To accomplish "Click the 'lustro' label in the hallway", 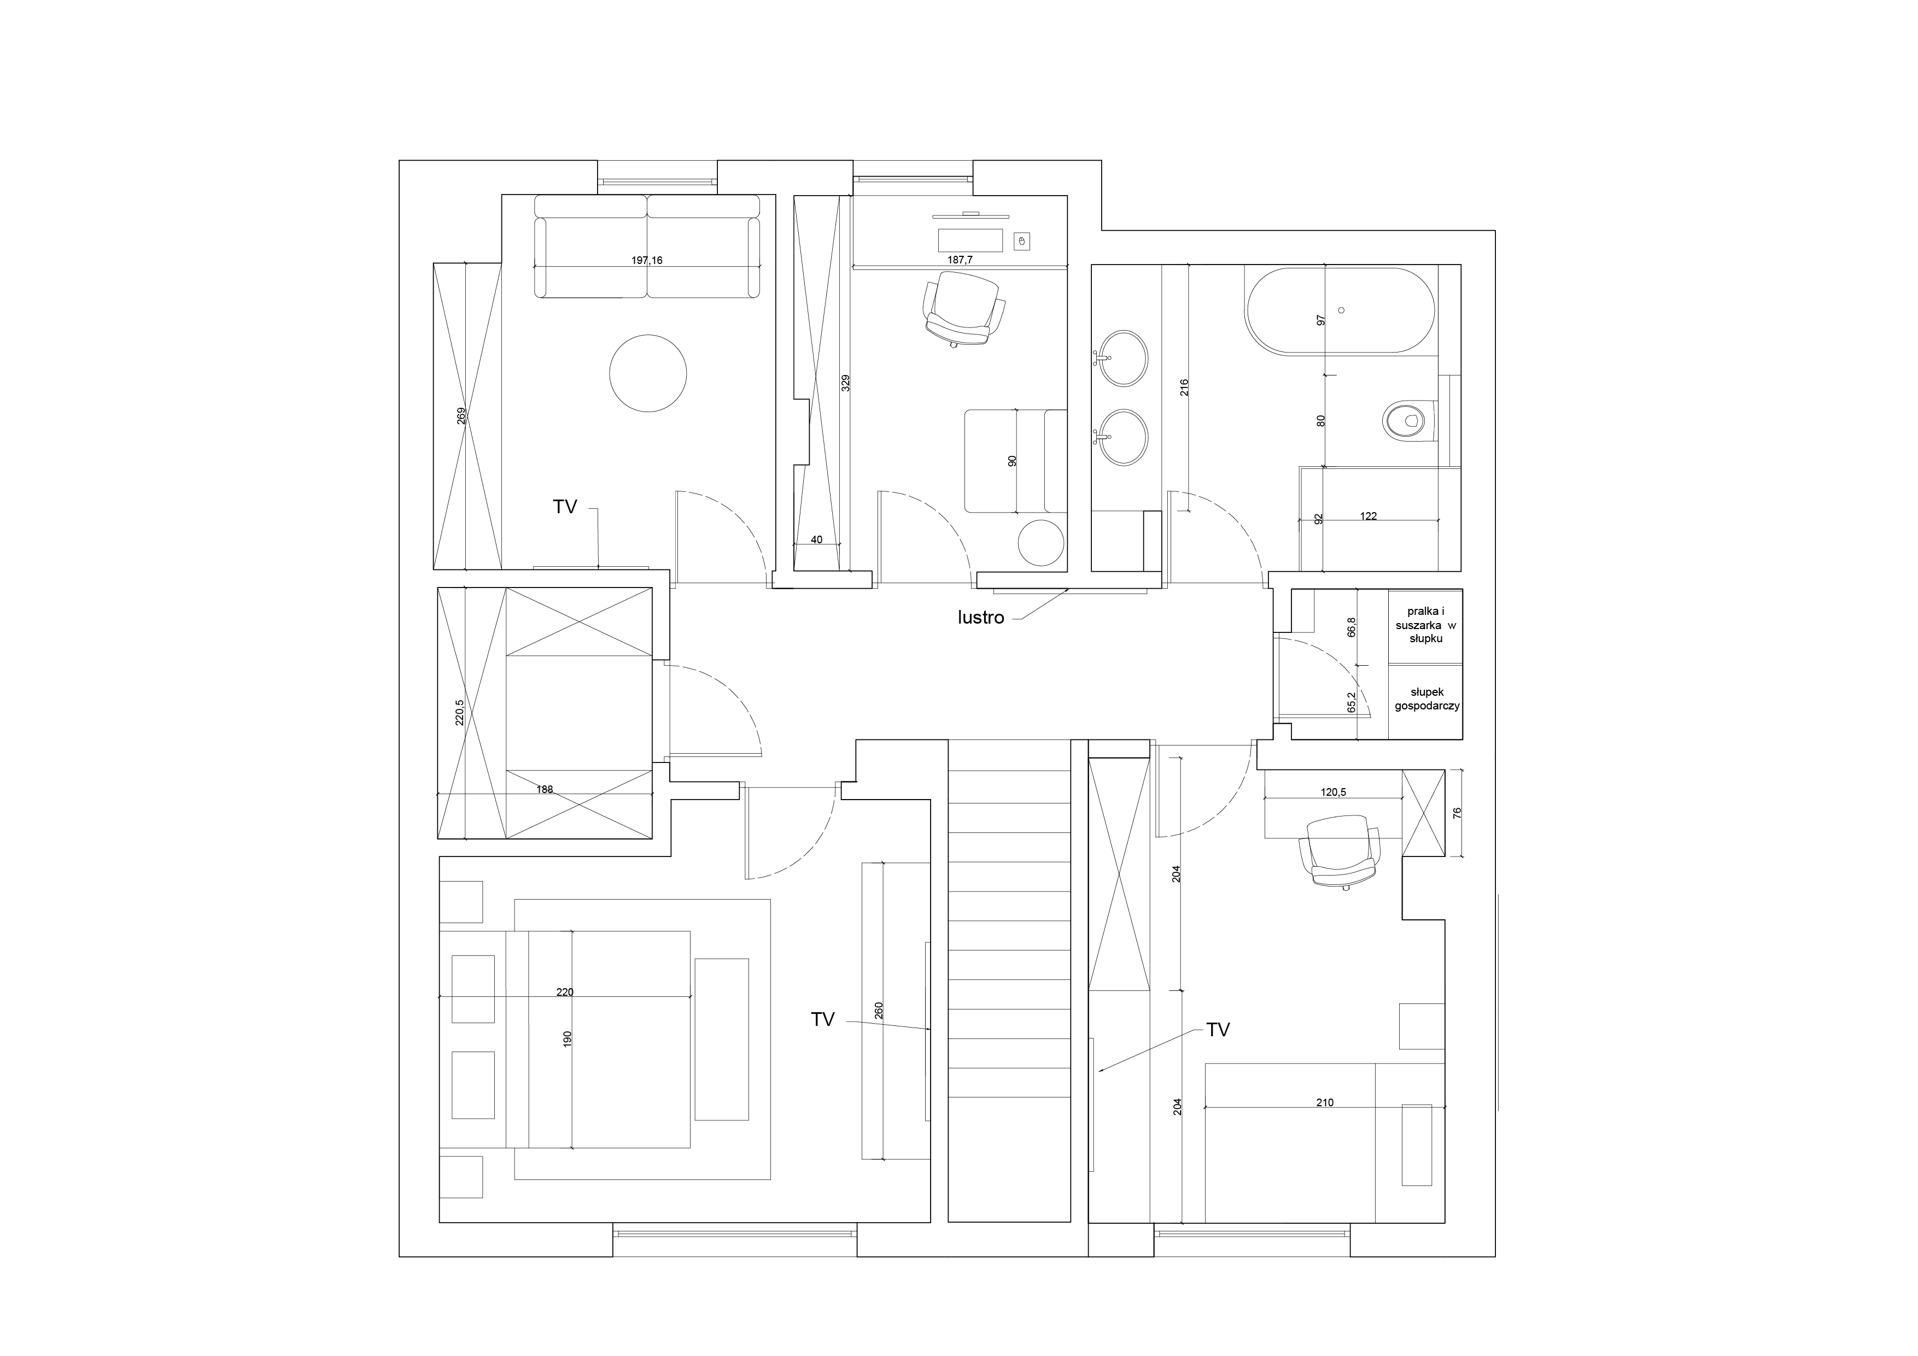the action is [981, 618].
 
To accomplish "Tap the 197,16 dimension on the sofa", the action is [647, 261].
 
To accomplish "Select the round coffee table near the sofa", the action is [648, 373].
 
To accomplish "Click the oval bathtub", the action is [1340, 310].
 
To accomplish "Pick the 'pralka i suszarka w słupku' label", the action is [1426, 625].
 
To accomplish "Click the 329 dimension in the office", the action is [845, 383].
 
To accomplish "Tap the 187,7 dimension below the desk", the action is [960, 260].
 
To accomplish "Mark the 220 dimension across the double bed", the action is [565, 992].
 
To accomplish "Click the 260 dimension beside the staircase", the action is [879, 1011].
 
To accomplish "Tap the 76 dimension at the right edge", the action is [1458, 812].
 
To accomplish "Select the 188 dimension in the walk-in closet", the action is [545, 789].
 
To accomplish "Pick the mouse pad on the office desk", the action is [1021, 242].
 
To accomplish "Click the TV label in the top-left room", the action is [565, 507].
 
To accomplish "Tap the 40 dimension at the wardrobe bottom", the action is [817, 539].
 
